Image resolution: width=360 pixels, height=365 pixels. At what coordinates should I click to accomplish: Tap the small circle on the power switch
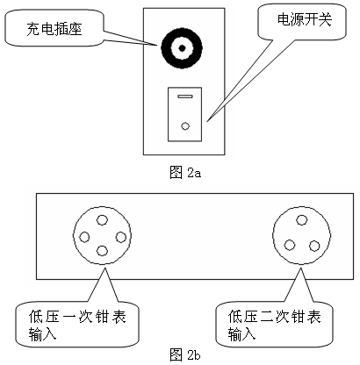tap(184, 125)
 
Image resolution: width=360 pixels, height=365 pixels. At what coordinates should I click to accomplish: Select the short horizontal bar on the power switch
tap(184, 97)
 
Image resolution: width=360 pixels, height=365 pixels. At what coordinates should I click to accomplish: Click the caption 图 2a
tap(184, 170)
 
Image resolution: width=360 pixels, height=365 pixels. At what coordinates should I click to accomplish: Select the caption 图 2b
tap(184, 354)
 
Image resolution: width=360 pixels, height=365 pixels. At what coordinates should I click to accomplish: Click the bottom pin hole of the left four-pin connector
tap(103, 252)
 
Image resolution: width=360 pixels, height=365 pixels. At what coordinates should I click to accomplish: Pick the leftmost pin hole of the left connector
tap(85, 237)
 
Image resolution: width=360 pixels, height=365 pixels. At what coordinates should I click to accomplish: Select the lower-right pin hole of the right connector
tap(314, 245)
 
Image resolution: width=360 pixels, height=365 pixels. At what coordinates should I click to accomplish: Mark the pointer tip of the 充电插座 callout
tap(157, 41)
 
